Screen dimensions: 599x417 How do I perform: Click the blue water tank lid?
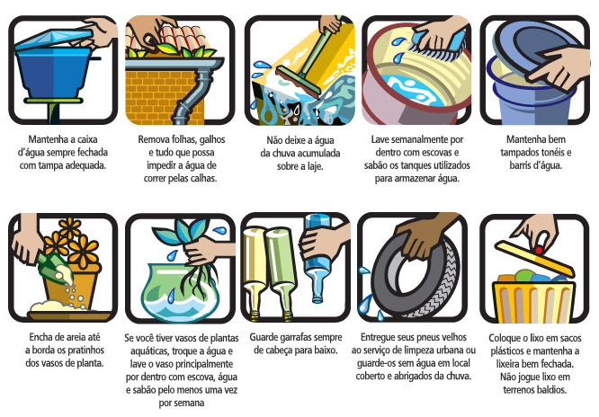(53, 38)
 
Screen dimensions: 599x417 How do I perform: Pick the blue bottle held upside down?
(317, 259)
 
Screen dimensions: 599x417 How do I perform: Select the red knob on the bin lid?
(539, 250)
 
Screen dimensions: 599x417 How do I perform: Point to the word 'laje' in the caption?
(315, 166)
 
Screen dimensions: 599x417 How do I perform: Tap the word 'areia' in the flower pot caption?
(76, 337)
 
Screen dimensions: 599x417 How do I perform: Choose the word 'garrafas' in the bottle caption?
(295, 338)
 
